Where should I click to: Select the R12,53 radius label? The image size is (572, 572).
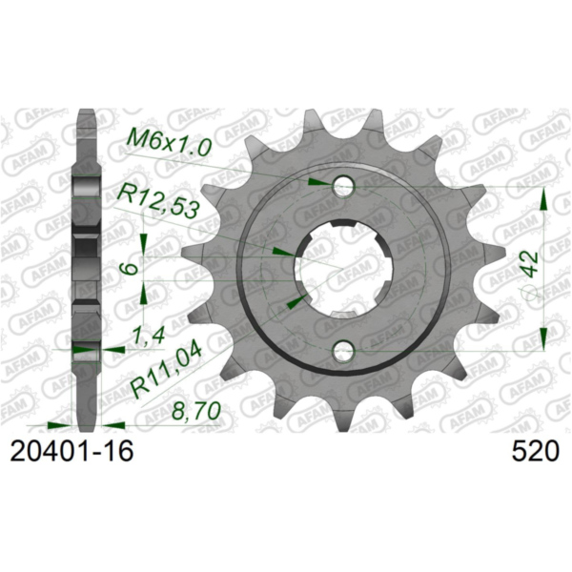(x=157, y=203)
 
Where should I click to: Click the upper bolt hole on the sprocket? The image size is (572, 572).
(x=343, y=184)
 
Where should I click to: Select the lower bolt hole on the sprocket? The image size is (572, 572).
(x=343, y=354)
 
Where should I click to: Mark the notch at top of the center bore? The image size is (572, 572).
(x=343, y=228)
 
